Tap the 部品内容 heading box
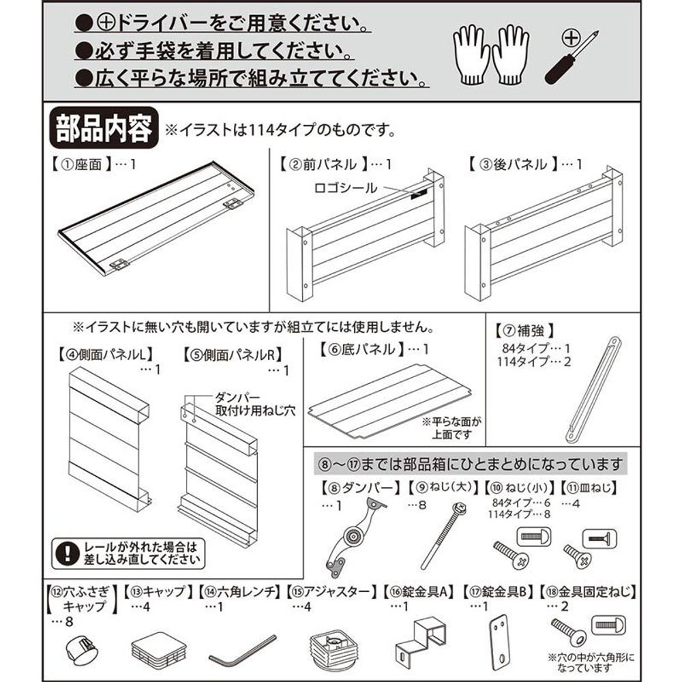tap(104, 128)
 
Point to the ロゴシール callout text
tap(344, 188)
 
